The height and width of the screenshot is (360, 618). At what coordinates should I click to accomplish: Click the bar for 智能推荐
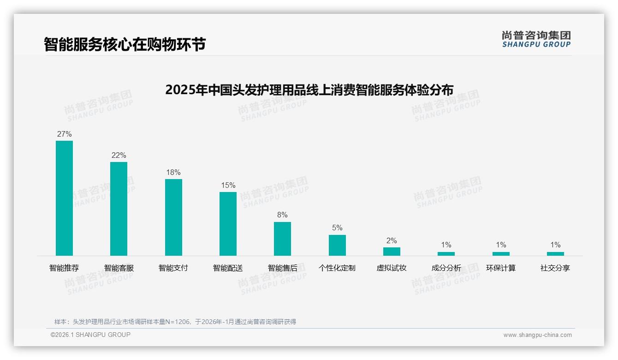[x=64, y=198]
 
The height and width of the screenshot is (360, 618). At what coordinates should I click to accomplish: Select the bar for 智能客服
[x=119, y=209]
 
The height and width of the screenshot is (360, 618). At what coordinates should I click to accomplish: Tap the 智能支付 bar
[x=173, y=217]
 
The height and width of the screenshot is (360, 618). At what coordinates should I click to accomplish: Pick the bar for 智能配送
[x=228, y=224]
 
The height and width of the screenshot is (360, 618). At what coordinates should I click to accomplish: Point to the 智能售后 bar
[x=282, y=239]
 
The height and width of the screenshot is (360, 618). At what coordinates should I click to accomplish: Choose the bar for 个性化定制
[x=337, y=245]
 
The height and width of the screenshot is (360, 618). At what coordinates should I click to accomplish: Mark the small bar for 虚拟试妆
[x=392, y=252]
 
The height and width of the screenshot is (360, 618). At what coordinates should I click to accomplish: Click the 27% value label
[x=64, y=134]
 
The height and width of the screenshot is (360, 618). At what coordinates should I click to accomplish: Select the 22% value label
[x=119, y=156]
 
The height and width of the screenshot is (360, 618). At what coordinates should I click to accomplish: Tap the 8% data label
[x=282, y=215]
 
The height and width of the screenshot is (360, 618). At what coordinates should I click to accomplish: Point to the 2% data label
[x=392, y=241]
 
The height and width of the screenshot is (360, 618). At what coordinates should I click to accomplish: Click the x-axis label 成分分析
[x=446, y=268]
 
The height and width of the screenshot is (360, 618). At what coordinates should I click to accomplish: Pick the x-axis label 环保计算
[x=501, y=268]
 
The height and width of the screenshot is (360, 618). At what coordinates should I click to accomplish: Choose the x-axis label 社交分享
[x=555, y=268]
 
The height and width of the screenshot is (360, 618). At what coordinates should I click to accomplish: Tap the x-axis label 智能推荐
[x=64, y=268]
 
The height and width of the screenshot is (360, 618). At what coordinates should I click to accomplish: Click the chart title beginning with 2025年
[x=309, y=90]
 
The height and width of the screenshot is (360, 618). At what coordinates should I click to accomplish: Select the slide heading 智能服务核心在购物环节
[x=125, y=44]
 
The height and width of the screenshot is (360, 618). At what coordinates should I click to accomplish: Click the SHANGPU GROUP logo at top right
[x=536, y=39]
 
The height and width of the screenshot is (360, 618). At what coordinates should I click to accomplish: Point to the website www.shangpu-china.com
[x=537, y=335]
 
